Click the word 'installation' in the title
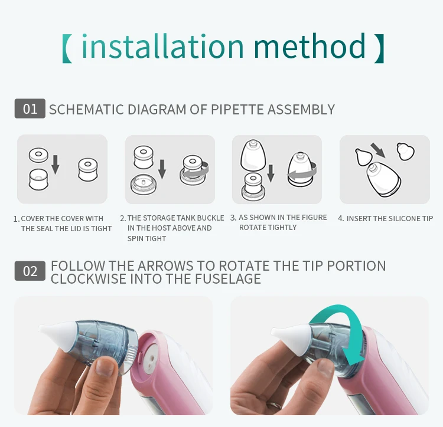(163, 45)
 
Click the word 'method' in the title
(310, 45)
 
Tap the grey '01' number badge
(30, 109)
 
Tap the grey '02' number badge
(30, 271)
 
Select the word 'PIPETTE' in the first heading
(237, 110)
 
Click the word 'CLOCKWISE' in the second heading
(89, 278)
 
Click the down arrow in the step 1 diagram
(56, 165)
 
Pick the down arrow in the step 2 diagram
(162, 169)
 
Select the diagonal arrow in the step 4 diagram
(378, 150)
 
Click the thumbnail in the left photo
(105, 367)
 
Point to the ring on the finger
(274, 406)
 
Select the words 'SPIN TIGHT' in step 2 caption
(146, 239)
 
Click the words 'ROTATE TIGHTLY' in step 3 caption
(268, 227)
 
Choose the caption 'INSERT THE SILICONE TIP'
(390, 219)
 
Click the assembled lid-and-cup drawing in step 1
(88, 169)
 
